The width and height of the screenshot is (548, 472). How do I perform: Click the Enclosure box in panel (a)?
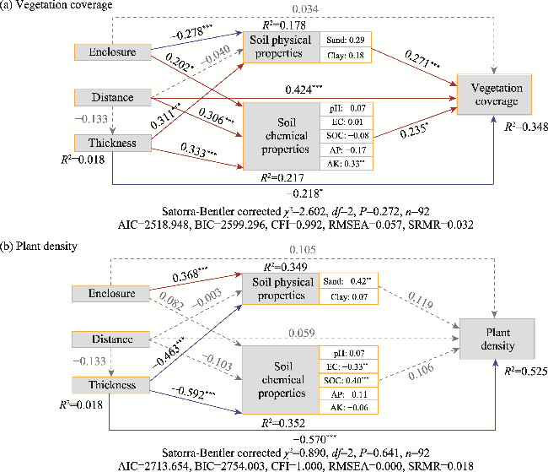click(110, 52)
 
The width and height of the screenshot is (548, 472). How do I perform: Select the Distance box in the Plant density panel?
click(110, 339)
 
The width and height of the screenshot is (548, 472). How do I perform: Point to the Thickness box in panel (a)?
click(110, 143)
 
